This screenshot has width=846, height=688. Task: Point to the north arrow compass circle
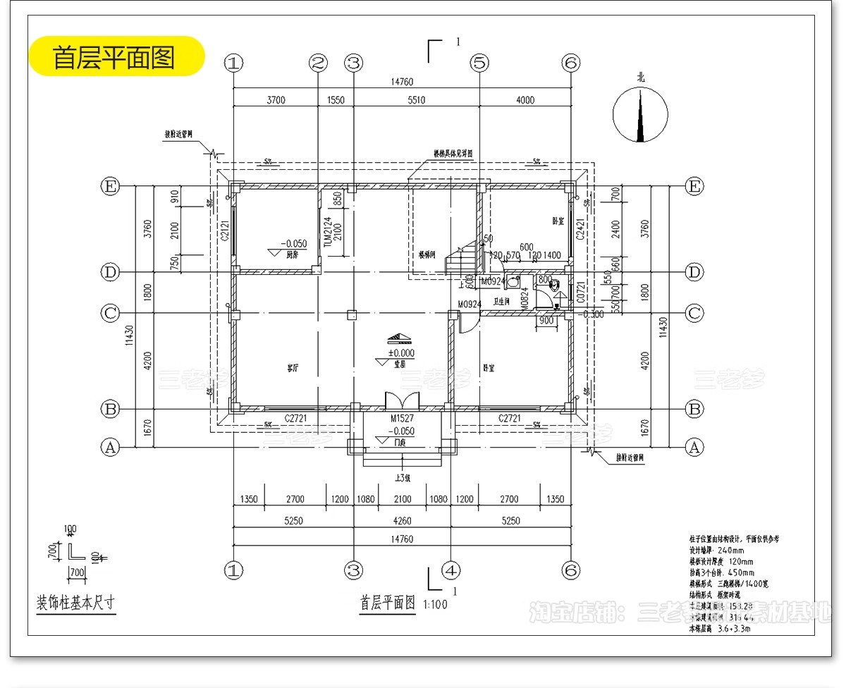coord(640,114)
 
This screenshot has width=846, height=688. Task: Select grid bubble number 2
coord(319,63)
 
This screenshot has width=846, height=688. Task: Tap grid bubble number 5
coord(479,63)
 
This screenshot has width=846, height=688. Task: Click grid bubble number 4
coord(451,570)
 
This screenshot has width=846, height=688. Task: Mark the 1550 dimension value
coord(336,100)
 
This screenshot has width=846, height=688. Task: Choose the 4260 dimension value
coord(402,521)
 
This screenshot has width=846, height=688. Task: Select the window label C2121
coord(225,231)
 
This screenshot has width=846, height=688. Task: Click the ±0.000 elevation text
coord(401,353)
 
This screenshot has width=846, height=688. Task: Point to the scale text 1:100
coord(435,605)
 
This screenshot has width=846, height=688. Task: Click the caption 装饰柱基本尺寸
coord(75,603)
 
